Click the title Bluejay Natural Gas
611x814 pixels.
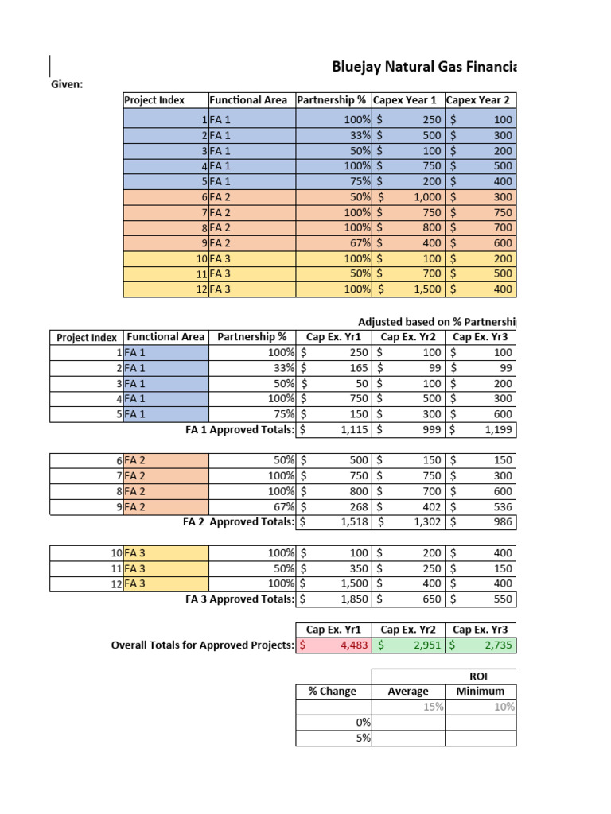coord(423,68)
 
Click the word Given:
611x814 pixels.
coord(67,84)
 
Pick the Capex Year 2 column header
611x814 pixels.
coord(480,100)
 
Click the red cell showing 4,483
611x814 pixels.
coord(333,645)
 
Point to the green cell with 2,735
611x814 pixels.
coord(481,645)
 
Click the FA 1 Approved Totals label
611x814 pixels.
coord(239,430)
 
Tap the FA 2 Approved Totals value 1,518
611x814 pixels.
coord(333,522)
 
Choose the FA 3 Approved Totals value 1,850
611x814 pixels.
coord(333,599)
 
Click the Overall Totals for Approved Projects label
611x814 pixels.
coord(202,645)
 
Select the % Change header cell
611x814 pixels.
coord(333,692)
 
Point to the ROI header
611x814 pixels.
coord(480,676)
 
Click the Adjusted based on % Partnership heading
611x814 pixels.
coord(436,322)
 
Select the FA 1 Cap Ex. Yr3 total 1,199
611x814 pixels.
coord(481,430)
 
